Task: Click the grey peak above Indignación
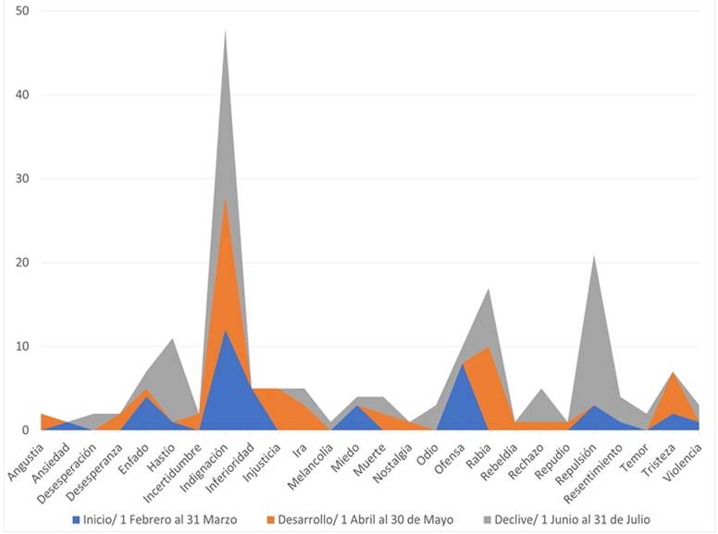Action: click(225, 30)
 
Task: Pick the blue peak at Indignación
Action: click(225, 330)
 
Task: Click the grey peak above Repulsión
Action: click(594, 255)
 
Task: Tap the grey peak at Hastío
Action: click(172, 339)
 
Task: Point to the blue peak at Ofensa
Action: click(463, 364)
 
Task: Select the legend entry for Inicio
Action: click(166, 520)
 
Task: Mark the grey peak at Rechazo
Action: click(541, 389)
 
